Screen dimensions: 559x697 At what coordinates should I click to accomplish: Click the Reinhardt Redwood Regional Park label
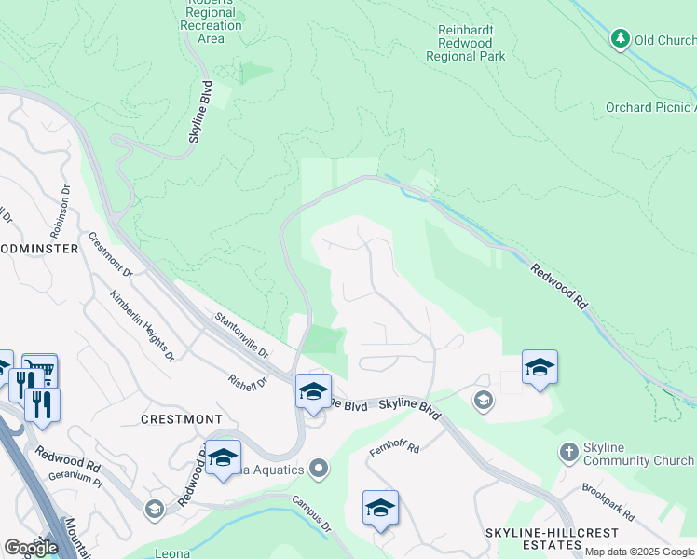pos(466,43)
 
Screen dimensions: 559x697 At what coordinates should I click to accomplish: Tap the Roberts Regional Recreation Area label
pos(212,20)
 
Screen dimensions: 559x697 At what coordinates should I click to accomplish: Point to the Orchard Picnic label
pos(649,107)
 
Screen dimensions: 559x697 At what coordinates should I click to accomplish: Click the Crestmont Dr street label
pos(110,254)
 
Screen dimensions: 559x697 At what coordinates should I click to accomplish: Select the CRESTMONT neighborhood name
pos(181,419)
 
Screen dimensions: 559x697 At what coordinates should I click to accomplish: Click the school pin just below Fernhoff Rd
pos(380,509)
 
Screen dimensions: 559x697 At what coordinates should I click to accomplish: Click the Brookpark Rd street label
pos(608,501)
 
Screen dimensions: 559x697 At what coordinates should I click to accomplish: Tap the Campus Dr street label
pos(312,513)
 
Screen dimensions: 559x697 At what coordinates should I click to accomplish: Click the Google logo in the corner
pos(30,548)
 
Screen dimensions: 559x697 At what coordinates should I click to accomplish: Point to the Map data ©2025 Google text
pos(639,552)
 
